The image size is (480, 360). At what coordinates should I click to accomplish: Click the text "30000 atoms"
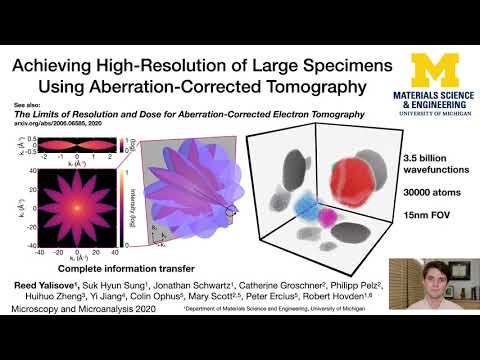click(402, 193)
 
